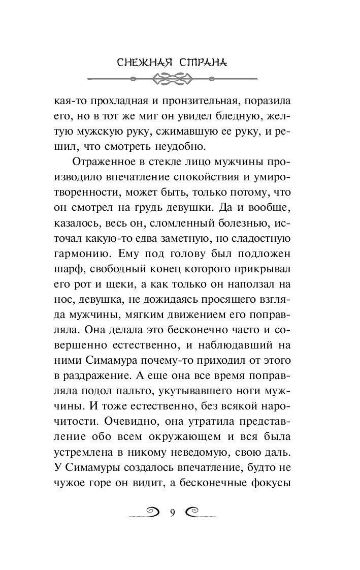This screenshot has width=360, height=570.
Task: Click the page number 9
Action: tap(172, 513)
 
